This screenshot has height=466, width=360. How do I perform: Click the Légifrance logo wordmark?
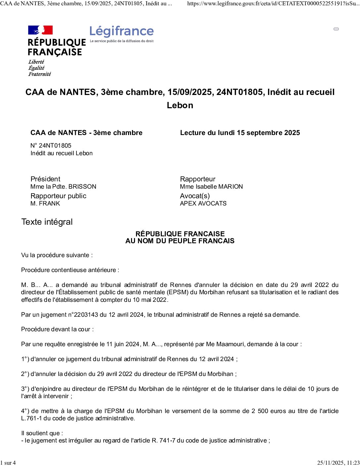click(x=121, y=31)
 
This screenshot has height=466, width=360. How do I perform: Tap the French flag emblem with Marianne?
click(x=40, y=30)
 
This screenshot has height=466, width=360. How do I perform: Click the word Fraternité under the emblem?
click(x=40, y=74)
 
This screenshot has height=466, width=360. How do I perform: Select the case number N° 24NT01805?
click(x=51, y=146)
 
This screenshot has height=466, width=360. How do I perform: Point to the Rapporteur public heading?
click(x=58, y=196)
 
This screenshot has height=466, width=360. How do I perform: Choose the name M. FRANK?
click(x=45, y=204)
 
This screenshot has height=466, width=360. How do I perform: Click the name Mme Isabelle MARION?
click(x=211, y=187)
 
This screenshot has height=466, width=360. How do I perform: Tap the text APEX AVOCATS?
click(x=203, y=204)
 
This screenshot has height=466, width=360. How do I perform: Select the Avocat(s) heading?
click(x=195, y=196)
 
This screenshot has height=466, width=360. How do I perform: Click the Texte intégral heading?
click(x=47, y=222)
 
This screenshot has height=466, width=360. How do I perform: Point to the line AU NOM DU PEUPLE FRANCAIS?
click(x=180, y=241)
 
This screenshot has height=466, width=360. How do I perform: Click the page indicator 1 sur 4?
click(x=8, y=463)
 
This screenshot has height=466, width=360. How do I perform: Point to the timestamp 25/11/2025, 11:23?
click(x=338, y=463)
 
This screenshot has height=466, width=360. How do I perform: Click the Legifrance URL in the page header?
click(x=273, y=4)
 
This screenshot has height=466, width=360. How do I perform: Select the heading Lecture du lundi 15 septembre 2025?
click(x=240, y=133)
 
